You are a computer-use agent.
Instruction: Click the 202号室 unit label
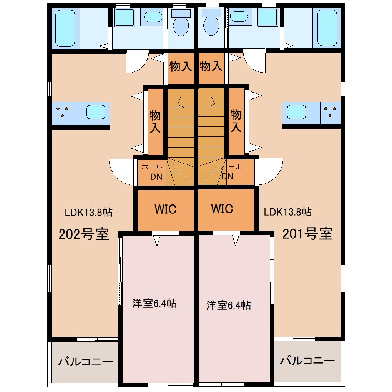coord(84,234)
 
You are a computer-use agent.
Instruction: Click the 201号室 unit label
coord(307,234)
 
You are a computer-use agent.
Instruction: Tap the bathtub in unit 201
coord(327,28)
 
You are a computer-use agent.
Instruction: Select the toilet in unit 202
coord(181,23)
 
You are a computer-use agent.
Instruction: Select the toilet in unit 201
coord(211,23)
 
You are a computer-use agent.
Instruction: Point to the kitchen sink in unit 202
coord(96,112)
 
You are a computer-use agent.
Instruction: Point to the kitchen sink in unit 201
coord(297,112)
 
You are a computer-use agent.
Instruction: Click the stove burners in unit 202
coord(62,112)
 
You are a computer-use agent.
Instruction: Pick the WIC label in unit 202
coord(166,209)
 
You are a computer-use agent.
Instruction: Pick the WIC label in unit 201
coord(222,209)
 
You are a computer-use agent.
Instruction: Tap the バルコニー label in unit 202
coord(86,362)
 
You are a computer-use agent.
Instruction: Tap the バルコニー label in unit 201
coord(307,360)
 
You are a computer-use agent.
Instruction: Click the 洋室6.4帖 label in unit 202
coord(154,303)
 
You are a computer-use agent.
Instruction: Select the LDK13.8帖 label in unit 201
coord(288,212)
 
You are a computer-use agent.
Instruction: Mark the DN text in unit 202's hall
coord(156,177)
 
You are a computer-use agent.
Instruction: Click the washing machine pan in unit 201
coord(268,17)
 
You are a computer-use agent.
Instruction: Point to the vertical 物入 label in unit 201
coord(236,121)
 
